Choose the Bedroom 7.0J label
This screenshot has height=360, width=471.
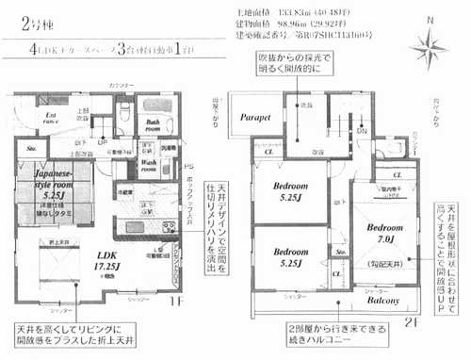pos(385,234)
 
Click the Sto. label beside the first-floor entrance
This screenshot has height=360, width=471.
pos(30,148)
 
